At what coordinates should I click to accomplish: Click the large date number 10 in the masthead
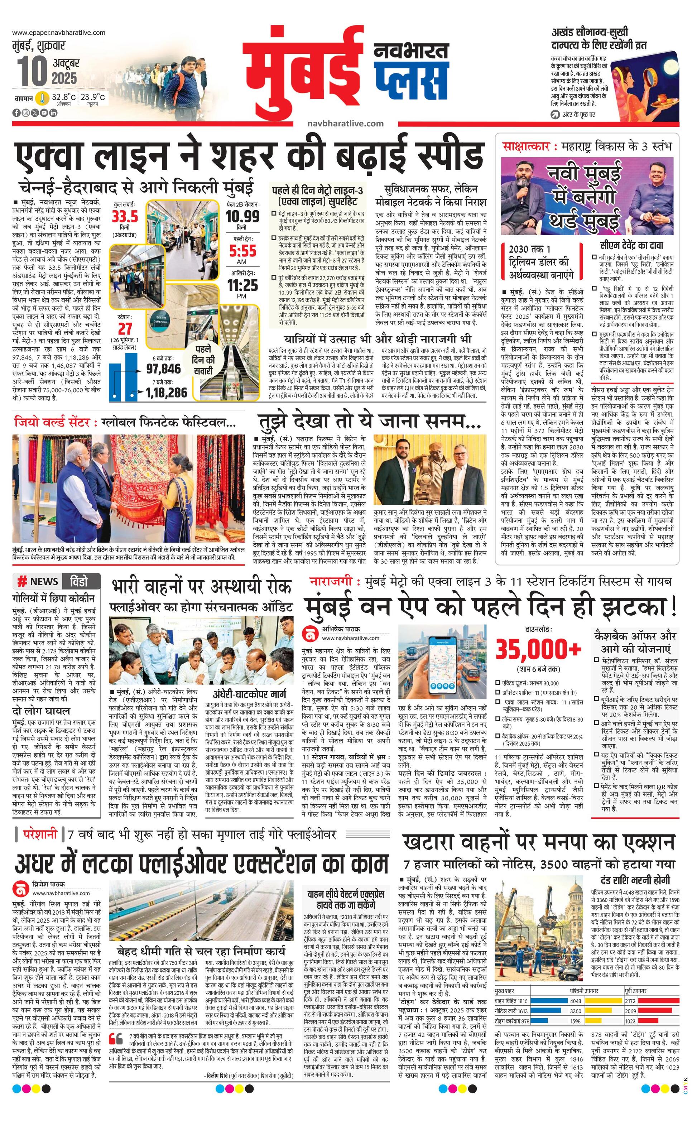click(32, 72)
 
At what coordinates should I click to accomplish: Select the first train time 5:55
click(242, 251)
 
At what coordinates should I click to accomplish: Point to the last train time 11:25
click(242, 285)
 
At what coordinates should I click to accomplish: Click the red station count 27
click(125, 329)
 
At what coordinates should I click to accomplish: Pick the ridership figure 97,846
click(164, 369)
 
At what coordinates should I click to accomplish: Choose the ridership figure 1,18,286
click(167, 393)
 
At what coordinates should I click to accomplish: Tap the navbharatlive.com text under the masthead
click(345, 123)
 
